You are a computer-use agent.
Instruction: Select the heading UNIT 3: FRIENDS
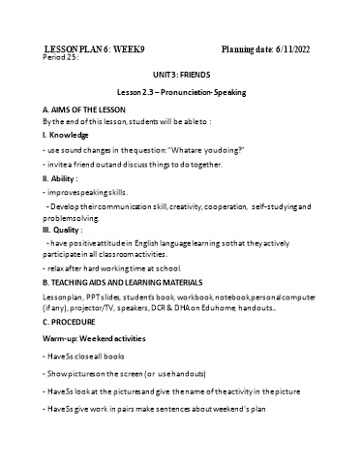(180, 74)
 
